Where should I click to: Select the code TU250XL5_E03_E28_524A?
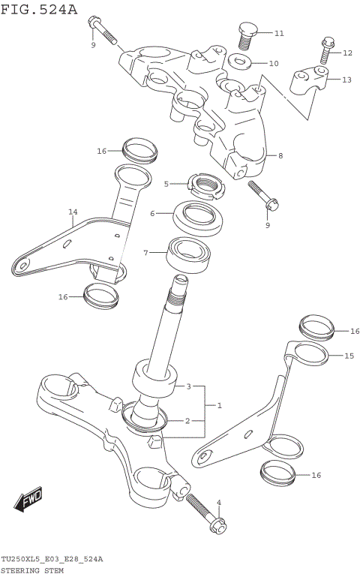tap(52, 560)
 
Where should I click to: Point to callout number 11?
tap(279, 34)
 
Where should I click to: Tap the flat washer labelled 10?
tap(240, 62)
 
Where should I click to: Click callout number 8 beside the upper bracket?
tap(280, 156)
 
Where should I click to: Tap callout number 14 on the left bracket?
tap(73, 212)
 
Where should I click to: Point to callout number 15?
tap(349, 356)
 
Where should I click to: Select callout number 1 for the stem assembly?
tap(219, 405)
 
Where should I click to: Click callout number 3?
tap(189, 386)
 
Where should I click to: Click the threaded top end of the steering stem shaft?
tap(180, 289)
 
